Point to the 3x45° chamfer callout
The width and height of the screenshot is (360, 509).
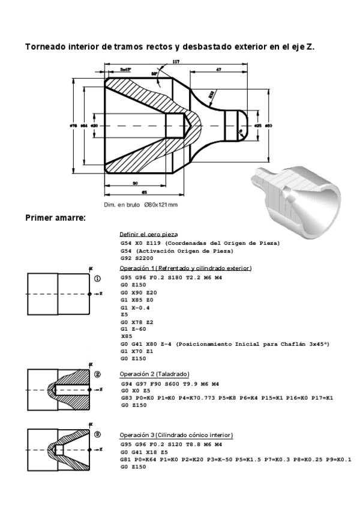click(x=125, y=70)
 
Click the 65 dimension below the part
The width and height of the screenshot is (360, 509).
click(x=145, y=193)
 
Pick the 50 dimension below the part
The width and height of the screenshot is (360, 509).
click(x=135, y=183)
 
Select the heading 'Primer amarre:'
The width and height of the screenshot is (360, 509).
click(x=55, y=217)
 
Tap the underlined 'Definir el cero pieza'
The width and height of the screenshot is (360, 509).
click(x=148, y=234)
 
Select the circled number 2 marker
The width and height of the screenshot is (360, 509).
click(x=97, y=375)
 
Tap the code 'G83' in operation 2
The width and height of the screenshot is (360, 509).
click(x=126, y=397)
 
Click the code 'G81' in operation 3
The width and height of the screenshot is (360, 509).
click(x=125, y=460)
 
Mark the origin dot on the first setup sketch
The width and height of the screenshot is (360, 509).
click(x=89, y=294)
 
